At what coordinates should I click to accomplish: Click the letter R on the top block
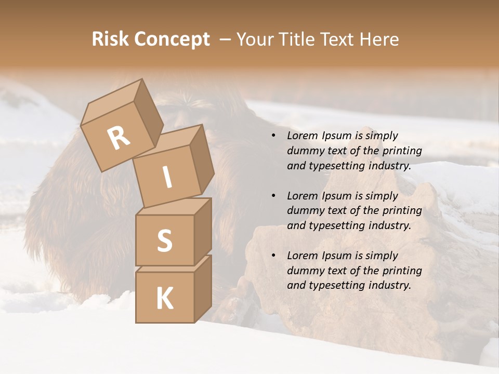tap(119, 138)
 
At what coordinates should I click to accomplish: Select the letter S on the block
tap(164, 241)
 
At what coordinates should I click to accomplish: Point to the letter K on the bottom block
tap(164, 299)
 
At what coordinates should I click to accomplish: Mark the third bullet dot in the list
tap(273, 256)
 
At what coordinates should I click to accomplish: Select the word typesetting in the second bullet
tap(334, 225)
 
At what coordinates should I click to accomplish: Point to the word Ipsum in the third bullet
tap(337, 256)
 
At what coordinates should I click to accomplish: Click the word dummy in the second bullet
tap(304, 211)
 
